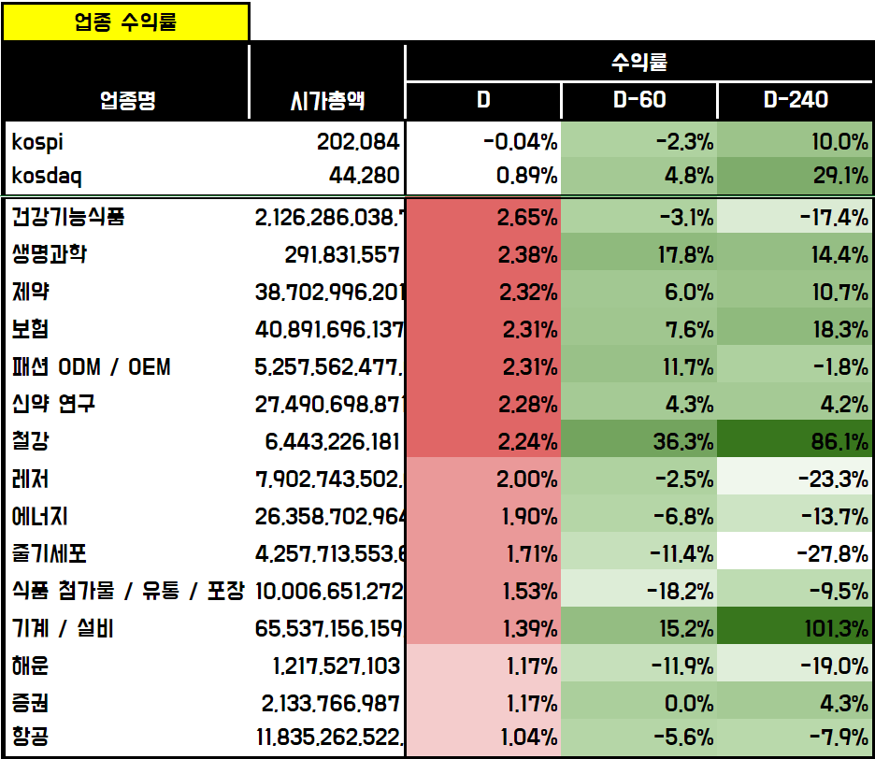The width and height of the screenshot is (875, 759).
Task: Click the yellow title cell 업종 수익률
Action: (125, 22)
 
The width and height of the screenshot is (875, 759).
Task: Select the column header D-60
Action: (639, 100)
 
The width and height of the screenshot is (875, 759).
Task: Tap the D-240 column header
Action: (796, 100)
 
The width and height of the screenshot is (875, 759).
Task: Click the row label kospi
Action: (38, 142)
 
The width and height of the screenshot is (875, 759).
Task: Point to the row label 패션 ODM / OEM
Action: (92, 367)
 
